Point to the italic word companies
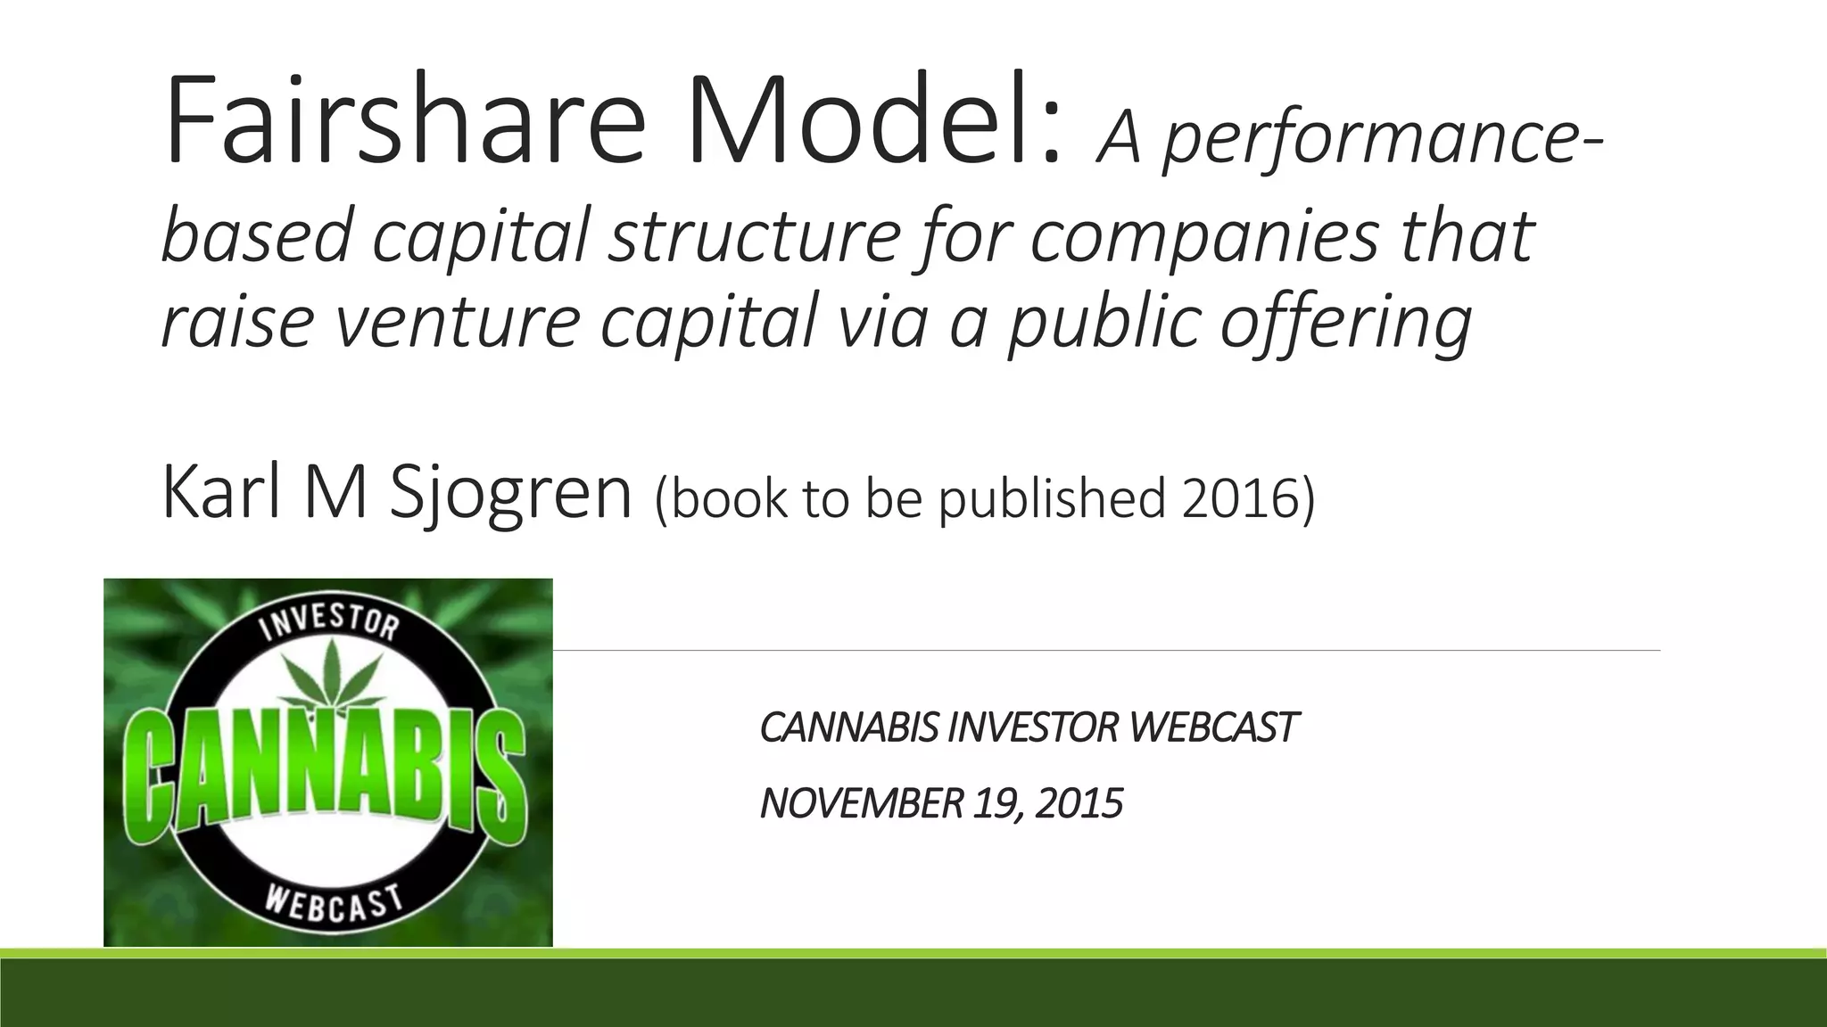[x=1204, y=236]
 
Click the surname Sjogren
[x=510, y=495]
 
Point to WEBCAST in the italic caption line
[x=1213, y=727]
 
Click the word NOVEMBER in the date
[x=861, y=803]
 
